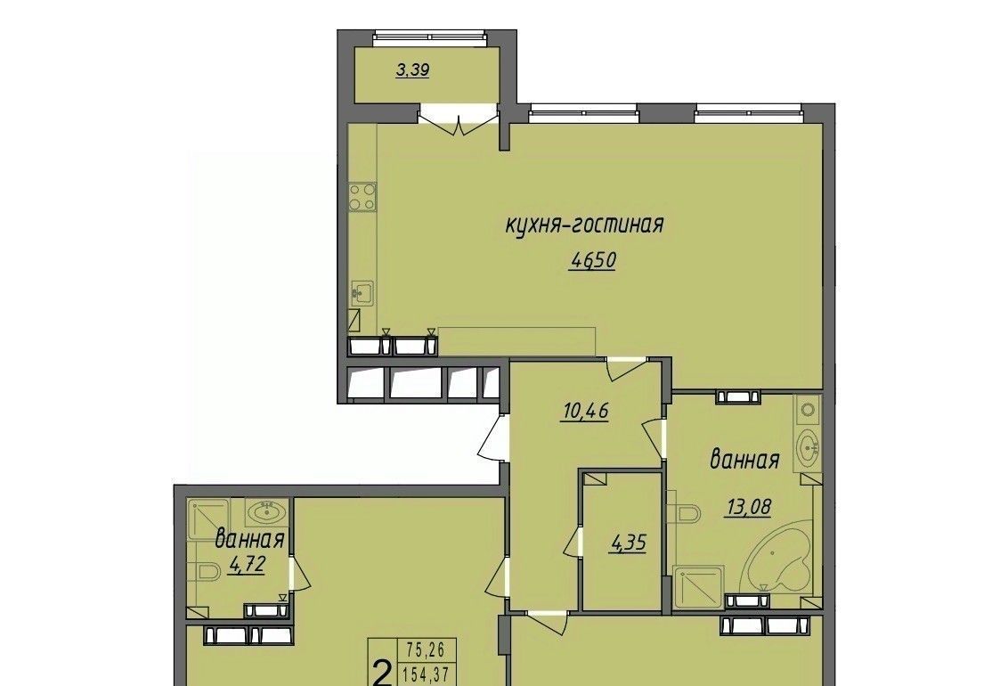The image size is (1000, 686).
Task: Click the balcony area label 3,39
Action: (x=412, y=70)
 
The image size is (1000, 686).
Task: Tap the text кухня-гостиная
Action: (x=585, y=225)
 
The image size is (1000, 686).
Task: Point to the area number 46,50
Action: (x=593, y=261)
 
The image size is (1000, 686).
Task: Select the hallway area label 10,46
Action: (x=585, y=411)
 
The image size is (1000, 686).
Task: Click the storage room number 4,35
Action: (x=629, y=543)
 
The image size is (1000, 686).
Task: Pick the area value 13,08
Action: (x=748, y=507)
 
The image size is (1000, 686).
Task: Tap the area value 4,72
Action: (x=246, y=564)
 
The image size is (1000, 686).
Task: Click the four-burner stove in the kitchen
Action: (x=362, y=197)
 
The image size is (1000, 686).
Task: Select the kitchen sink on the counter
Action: (x=362, y=293)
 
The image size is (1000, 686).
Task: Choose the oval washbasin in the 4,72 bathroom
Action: (x=268, y=510)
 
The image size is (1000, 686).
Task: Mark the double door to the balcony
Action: (x=458, y=123)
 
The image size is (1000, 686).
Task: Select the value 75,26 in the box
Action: (x=425, y=650)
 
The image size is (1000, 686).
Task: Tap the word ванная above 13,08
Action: (x=745, y=460)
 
